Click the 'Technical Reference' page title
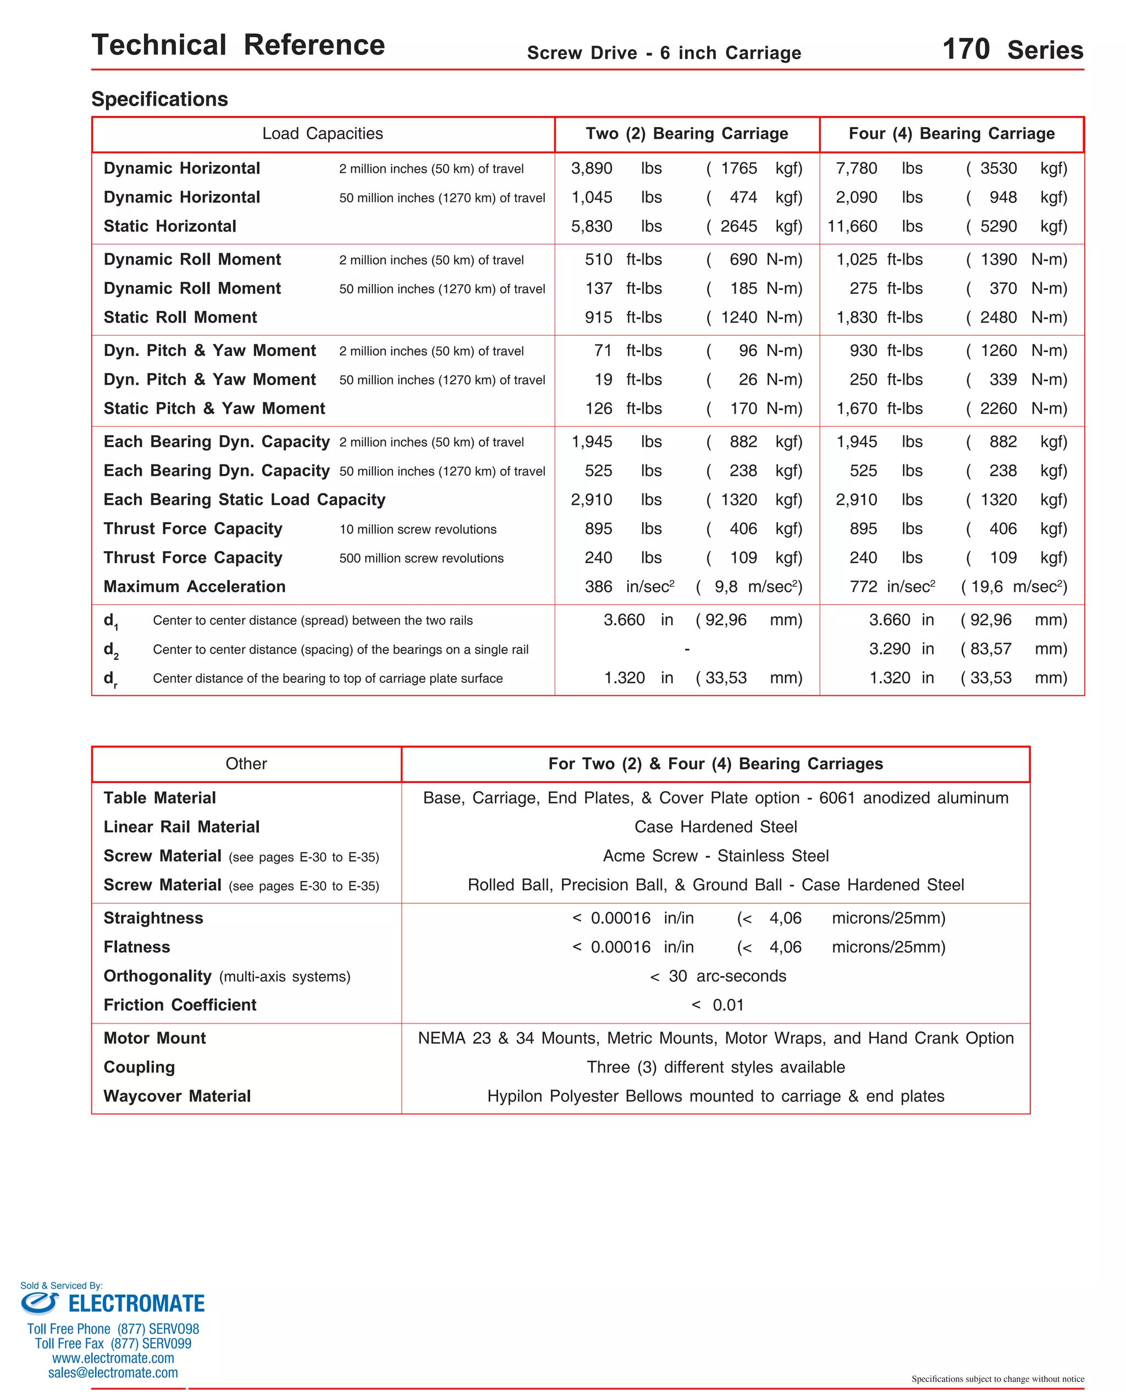coord(238,46)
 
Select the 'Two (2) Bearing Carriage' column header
coord(686,134)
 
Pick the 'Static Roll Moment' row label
coord(180,317)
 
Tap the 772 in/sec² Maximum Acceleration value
coord(892,587)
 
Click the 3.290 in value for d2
coord(901,648)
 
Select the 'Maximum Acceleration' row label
coord(195,587)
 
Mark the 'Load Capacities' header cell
coord(322,134)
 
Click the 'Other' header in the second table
coord(246,764)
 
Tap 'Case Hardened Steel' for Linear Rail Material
coord(715,827)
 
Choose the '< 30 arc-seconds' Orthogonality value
coord(717,976)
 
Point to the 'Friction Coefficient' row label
coord(180,1005)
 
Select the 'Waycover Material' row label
coord(177,1096)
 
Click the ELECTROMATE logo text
coord(136,1303)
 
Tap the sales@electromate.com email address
coord(113,1373)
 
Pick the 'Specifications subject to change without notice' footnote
coord(997,1378)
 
